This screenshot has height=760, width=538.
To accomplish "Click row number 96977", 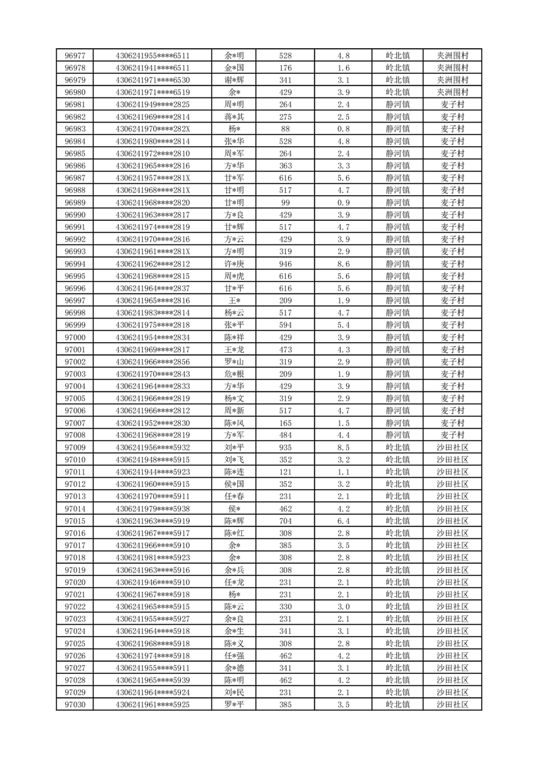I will pos(75,56).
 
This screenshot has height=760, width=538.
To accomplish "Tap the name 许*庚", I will pos(234,263).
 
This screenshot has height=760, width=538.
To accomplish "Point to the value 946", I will pos(285,263).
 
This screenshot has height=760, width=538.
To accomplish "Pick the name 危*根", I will pos(234,374).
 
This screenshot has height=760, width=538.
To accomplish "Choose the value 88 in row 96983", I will pos(285,129).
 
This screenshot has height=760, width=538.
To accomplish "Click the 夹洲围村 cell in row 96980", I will pos(452,92).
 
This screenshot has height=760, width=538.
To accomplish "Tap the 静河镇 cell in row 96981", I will pos(398,104).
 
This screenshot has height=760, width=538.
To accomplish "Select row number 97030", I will pos(75,704).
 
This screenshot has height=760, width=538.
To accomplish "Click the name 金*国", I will pos(234,68).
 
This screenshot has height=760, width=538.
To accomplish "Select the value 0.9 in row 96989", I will pos(343,203).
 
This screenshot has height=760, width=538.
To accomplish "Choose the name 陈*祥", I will pos(234,337).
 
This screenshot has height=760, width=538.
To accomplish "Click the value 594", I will pos(285,325).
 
